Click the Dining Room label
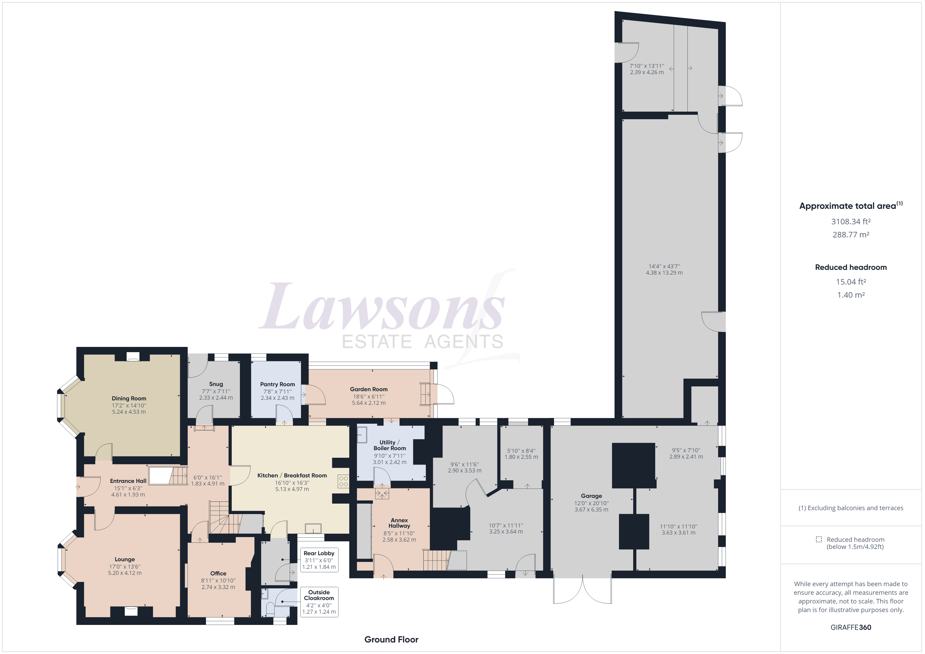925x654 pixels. (129, 398)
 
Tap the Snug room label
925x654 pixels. (216, 384)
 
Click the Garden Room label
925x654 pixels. (369, 389)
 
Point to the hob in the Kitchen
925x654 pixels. (343, 481)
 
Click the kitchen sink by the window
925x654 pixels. (313, 528)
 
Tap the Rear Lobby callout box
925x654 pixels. (319, 560)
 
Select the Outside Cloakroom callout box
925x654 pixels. (319, 602)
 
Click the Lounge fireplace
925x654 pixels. (131, 611)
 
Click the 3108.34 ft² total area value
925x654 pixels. (851, 221)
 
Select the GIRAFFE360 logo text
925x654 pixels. (851, 627)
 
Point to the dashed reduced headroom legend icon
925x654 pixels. (819, 539)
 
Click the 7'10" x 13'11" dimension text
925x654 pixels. (647, 66)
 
